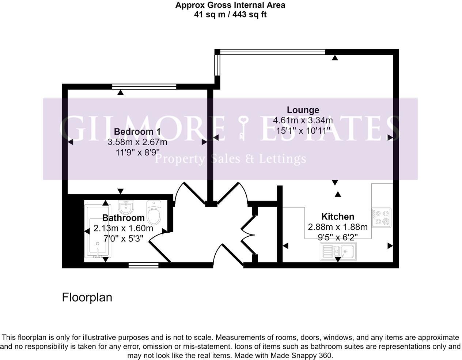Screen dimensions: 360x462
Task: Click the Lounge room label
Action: pyautogui.click(x=303, y=110)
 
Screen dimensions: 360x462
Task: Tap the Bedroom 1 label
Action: pyautogui.click(x=137, y=132)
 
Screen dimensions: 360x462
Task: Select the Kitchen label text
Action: pyautogui.click(x=337, y=216)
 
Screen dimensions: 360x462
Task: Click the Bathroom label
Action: pyautogui.click(x=123, y=218)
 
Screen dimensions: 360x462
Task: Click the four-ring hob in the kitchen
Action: pyautogui.click(x=382, y=217)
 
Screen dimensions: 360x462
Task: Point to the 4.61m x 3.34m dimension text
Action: pyautogui.click(x=303, y=120)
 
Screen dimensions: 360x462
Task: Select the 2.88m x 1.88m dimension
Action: pyautogui.click(x=337, y=227)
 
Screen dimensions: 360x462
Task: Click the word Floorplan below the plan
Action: pyautogui.click(x=87, y=297)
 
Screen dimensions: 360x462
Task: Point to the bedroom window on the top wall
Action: pyautogui.click(x=144, y=86)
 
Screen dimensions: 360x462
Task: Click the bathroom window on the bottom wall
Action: pyautogui.click(x=143, y=265)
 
